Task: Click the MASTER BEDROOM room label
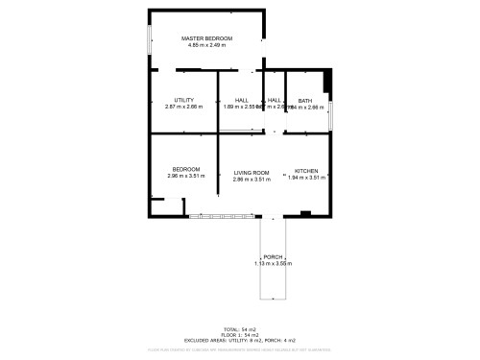point(207,37)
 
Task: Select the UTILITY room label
point(184,100)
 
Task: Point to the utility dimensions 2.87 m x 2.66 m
point(184,107)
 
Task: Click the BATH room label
point(304,101)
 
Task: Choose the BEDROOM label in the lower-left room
point(185,169)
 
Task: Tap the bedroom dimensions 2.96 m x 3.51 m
point(185,177)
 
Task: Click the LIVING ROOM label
point(252,173)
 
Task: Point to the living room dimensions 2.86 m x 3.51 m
point(252,180)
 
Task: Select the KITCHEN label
point(306,169)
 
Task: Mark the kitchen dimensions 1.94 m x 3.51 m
point(306,177)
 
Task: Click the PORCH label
point(273,257)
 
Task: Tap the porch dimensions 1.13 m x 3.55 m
point(273,264)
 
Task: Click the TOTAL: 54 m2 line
point(239,328)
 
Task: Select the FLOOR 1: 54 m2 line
point(239,334)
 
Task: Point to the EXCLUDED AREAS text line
point(239,341)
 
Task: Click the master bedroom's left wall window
point(149,40)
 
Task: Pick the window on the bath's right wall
point(331,114)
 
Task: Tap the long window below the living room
point(224,215)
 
